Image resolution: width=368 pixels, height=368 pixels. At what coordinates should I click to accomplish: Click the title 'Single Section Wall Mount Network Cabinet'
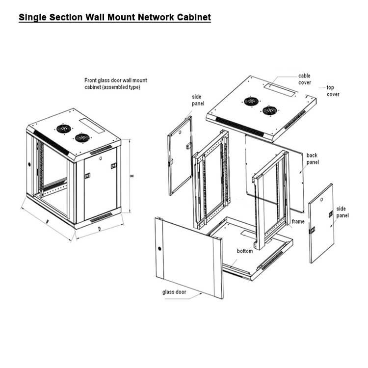[114, 18]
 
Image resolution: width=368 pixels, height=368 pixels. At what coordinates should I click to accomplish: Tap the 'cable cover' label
[304, 79]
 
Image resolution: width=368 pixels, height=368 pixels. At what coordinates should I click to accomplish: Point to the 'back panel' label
[313, 158]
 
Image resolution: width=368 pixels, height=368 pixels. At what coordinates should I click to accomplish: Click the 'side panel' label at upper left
[197, 101]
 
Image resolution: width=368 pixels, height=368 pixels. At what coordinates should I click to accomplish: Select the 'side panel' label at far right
[342, 212]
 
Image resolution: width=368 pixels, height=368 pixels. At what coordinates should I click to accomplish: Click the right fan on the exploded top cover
[269, 110]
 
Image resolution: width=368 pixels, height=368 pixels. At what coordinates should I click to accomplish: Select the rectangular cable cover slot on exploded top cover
[279, 89]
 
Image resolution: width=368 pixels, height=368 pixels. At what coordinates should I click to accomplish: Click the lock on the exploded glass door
[159, 248]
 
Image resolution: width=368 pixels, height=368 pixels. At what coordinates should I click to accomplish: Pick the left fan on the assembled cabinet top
[63, 129]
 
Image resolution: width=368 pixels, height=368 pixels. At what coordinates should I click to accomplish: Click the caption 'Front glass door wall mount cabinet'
[115, 83]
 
